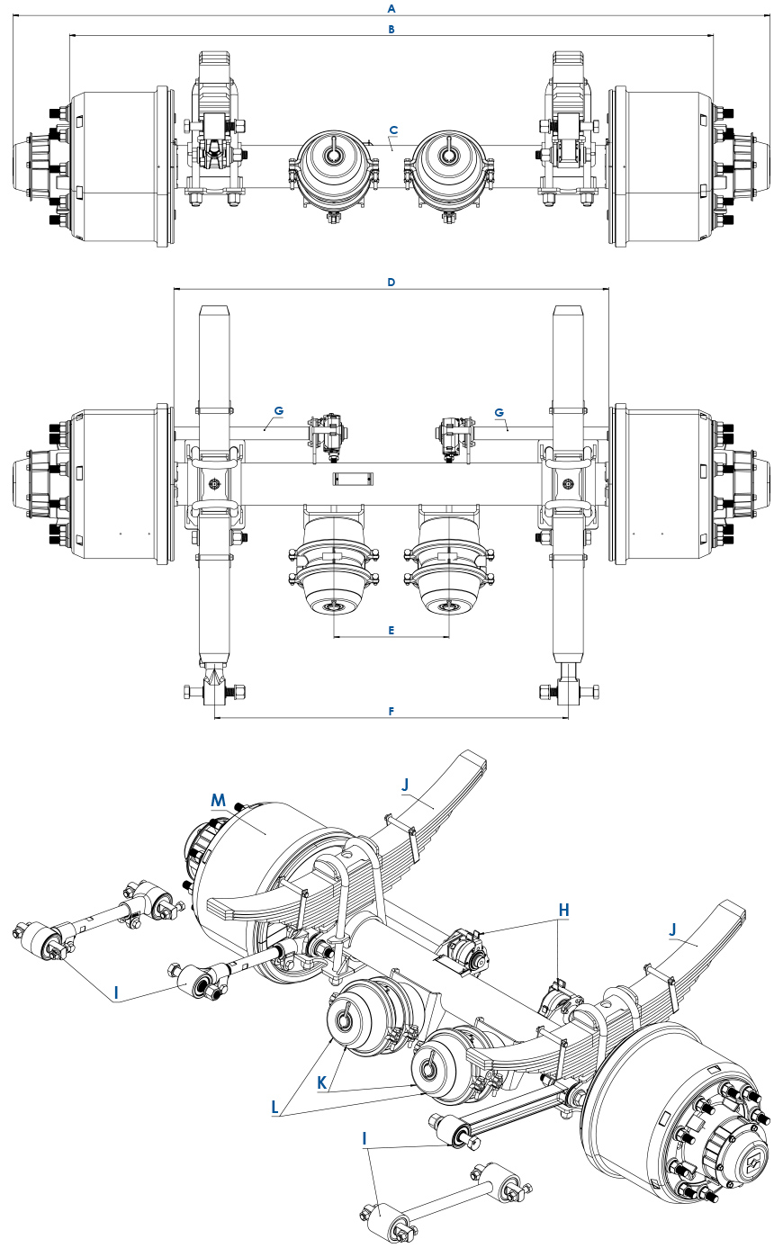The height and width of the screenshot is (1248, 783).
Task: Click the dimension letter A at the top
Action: (x=391, y=8)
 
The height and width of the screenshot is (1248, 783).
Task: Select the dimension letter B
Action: (x=391, y=29)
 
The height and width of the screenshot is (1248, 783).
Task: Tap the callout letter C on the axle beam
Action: (x=393, y=130)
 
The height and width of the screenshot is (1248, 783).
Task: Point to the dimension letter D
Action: (x=391, y=282)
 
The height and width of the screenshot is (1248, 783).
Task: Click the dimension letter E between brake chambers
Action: (x=391, y=630)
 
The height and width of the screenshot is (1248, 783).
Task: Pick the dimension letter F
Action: (x=391, y=711)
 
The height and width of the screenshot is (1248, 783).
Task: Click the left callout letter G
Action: (x=279, y=410)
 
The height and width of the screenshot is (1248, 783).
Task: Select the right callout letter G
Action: (x=499, y=410)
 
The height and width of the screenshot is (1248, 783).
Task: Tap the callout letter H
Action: (x=564, y=910)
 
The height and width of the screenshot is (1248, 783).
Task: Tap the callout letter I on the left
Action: (x=115, y=993)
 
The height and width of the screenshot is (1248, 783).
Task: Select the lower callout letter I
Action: (x=364, y=1138)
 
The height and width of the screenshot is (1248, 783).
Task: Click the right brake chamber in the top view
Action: (x=447, y=171)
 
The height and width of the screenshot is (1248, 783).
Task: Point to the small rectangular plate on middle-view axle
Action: (x=353, y=477)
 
